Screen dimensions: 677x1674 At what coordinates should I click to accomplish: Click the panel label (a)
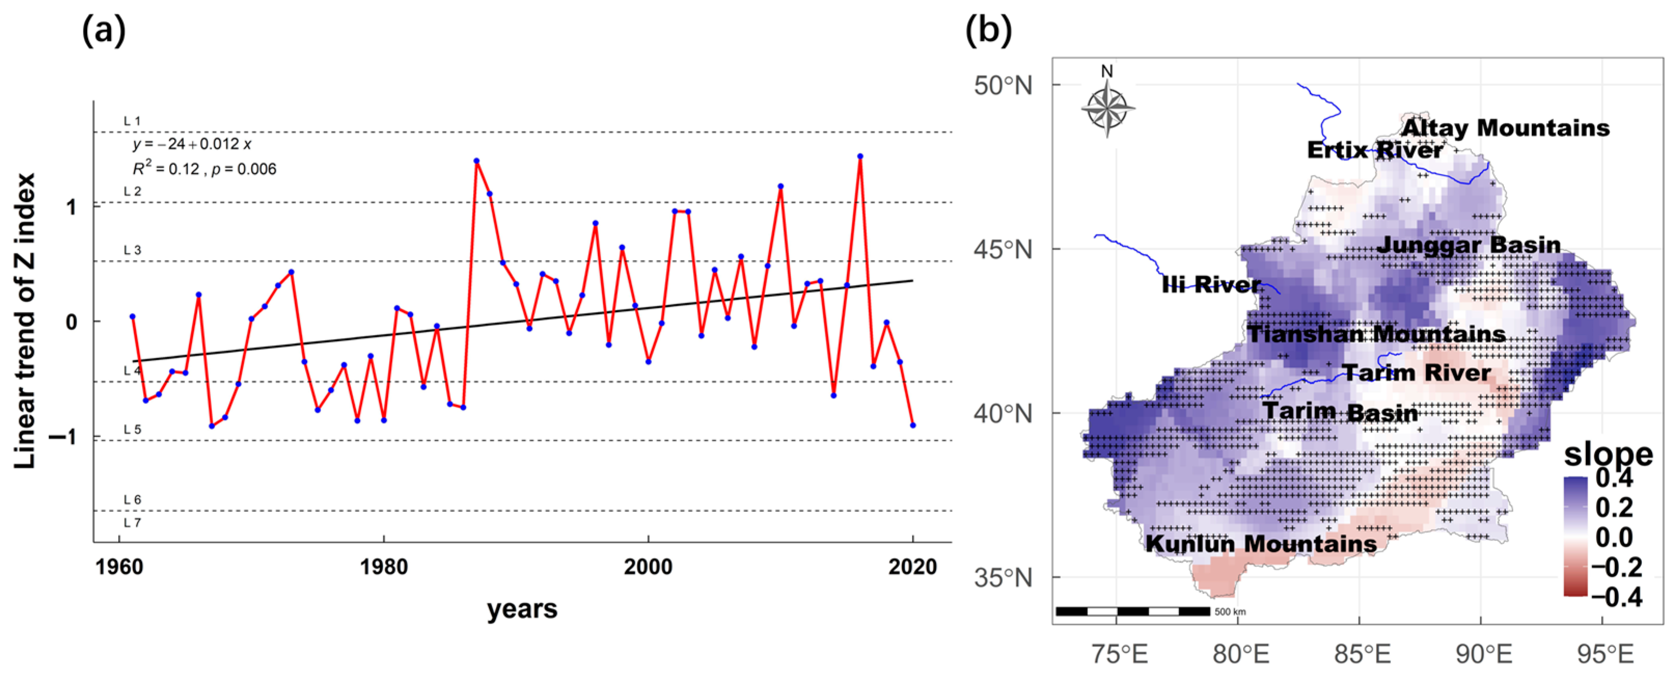coord(103,31)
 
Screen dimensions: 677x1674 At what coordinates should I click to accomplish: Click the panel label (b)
coord(988,31)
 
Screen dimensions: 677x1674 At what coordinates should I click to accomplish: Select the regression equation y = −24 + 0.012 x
coord(192,144)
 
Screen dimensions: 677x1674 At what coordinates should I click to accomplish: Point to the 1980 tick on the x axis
coord(384,566)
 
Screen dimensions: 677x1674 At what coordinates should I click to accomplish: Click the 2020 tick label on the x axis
coord(912,566)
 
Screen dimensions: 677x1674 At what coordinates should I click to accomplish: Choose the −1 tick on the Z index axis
coord(63,437)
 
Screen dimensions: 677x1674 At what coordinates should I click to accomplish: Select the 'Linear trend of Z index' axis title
coord(25,321)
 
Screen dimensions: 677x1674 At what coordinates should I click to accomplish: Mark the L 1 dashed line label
coord(132,121)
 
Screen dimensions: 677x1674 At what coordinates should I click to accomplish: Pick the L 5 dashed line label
coord(132,430)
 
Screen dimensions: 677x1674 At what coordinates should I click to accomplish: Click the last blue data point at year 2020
coord(913,425)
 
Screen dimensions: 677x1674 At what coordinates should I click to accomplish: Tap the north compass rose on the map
coord(1108,107)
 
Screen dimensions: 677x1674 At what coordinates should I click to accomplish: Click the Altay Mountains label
coord(1505,128)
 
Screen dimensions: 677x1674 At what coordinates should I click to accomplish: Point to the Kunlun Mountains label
coord(1261,544)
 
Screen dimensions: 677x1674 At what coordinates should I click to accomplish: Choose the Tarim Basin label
coord(1340,412)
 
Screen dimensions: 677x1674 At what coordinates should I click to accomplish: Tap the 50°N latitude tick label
coord(1003,85)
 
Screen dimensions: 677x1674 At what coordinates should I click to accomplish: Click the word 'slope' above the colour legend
coord(1608,453)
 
